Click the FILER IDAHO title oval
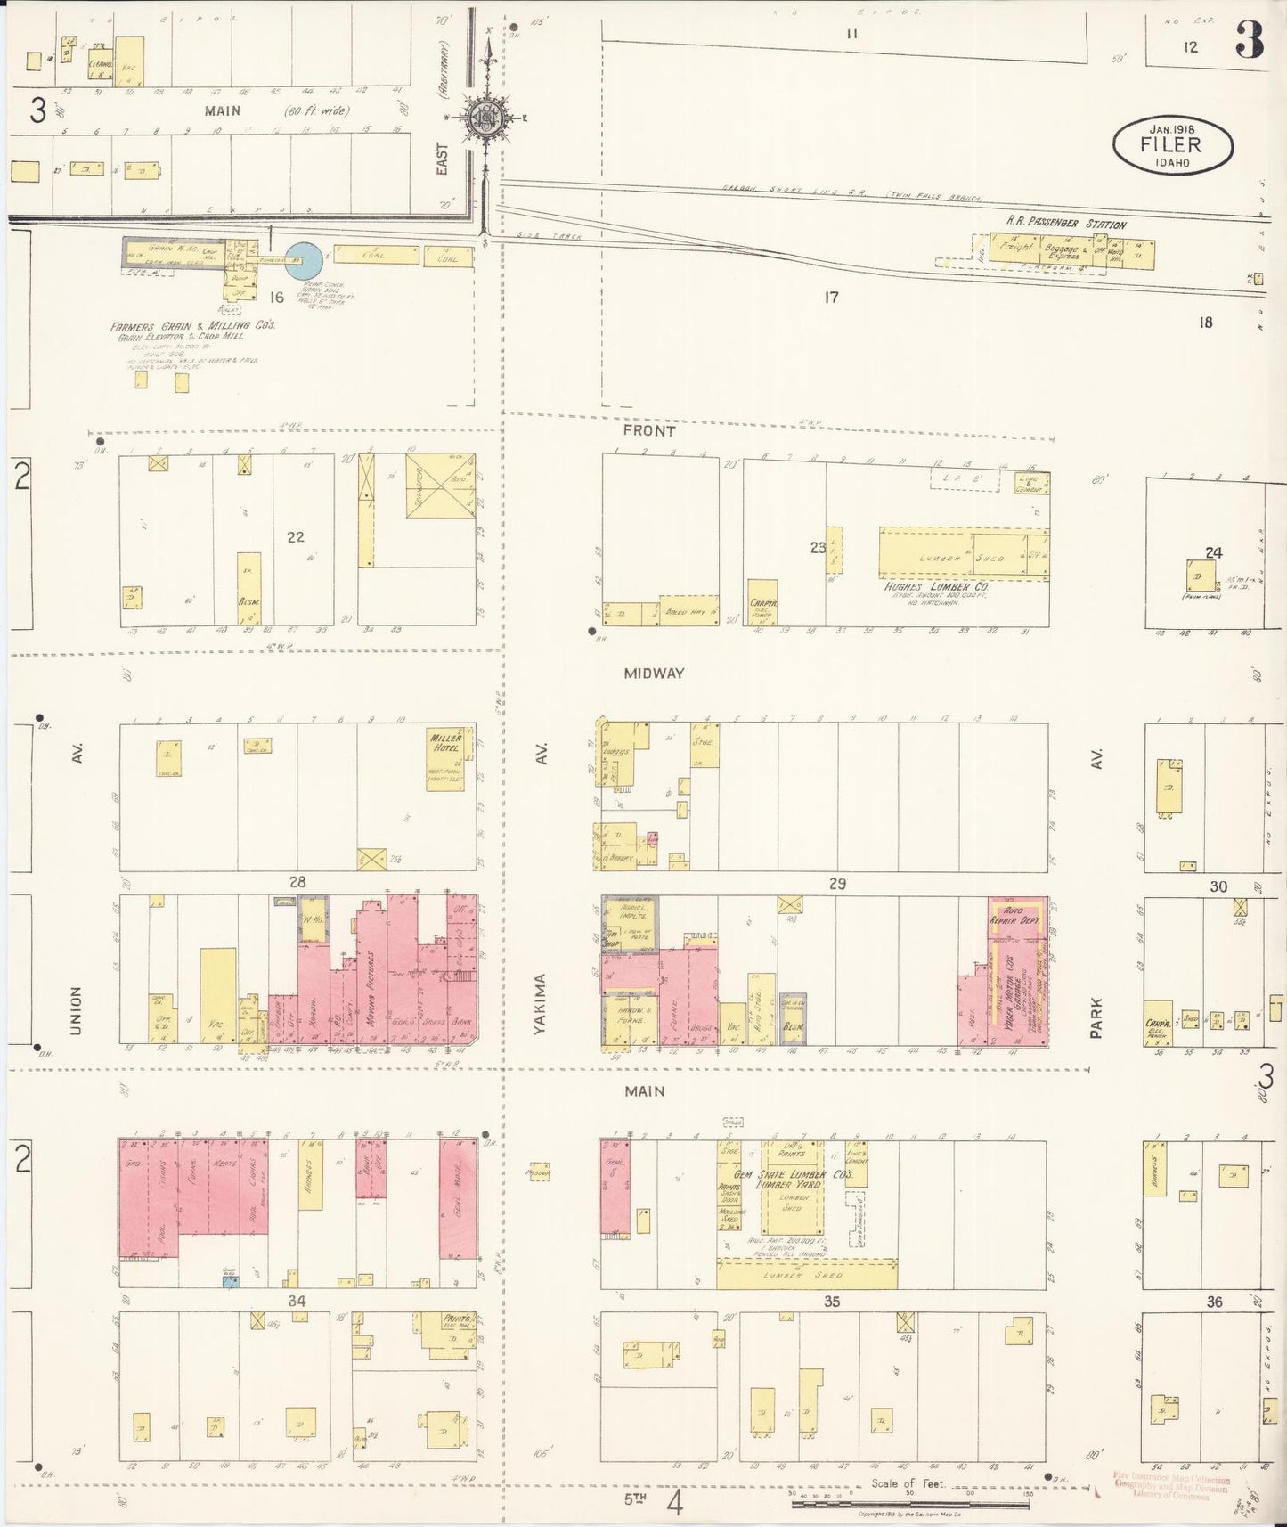click(x=1172, y=143)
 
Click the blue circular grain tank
click(x=304, y=259)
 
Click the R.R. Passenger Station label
click(x=1066, y=225)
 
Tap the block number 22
click(x=296, y=536)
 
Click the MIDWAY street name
click(x=654, y=674)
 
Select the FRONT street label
click(x=648, y=430)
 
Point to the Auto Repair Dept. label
click(x=1016, y=915)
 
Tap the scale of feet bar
click(x=909, y=1504)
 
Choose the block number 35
click(x=831, y=1302)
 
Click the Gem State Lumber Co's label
click(x=805, y=1175)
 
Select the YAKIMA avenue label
click(x=540, y=1003)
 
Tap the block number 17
click(x=830, y=298)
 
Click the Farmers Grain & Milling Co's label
click(x=192, y=326)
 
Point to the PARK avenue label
click(x=1096, y=1017)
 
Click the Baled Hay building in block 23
click(x=688, y=611)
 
